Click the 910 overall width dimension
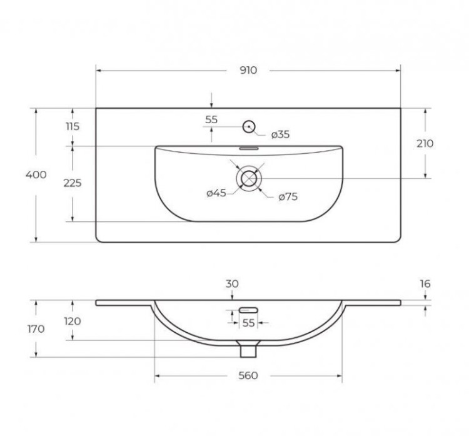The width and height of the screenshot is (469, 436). (248, 70)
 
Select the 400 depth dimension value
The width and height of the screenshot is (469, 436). (37, 175)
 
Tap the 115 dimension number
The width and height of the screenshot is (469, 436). (73, 126)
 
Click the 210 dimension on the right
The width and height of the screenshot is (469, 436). (425, 143)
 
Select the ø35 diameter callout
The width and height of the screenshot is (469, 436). (281, 134)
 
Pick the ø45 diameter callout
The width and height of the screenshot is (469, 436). (216, 193)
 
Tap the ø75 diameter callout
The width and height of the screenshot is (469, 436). (287, 197)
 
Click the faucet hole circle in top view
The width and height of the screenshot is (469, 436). (249, 126)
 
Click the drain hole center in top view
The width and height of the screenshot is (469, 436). (249, 178)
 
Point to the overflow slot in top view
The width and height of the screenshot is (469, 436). (249, 149)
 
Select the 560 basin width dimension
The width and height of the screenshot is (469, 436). (248, 375)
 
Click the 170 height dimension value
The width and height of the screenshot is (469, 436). (37, 329)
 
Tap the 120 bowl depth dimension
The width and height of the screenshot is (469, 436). (73, 321)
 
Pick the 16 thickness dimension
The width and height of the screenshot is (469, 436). (425, 283)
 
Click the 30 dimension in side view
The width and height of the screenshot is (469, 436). (231, 283)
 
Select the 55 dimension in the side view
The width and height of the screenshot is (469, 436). (248, 323)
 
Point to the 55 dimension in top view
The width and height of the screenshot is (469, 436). (211, 119)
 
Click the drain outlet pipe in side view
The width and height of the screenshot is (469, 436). (249, 348)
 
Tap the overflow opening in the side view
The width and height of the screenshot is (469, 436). (249, 309)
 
